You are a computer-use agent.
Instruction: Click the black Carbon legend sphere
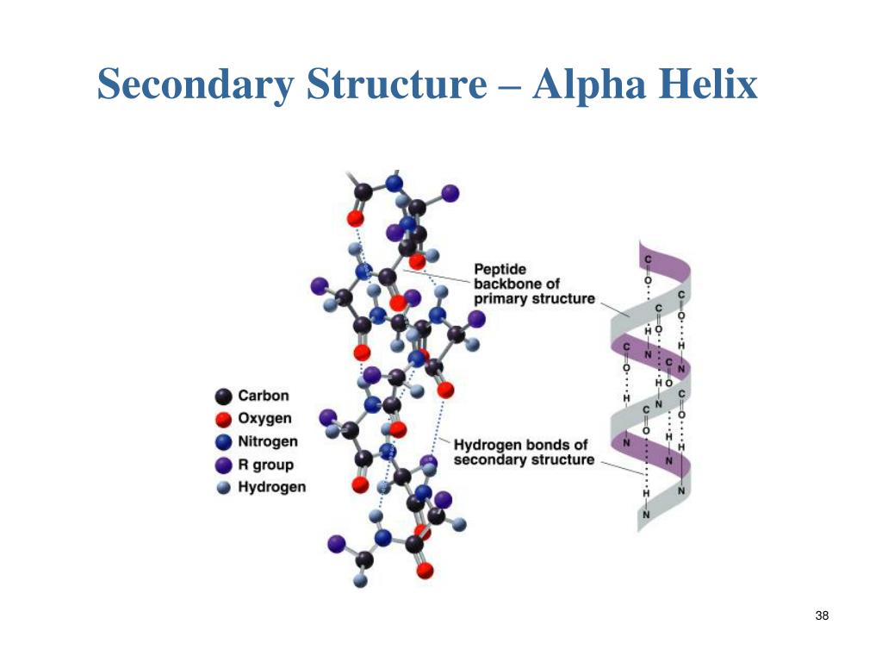(224, 397)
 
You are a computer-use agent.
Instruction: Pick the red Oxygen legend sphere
(224, 420)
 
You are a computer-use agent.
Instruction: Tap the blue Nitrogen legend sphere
(224, 442)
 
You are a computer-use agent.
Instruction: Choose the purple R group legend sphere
(224, 465)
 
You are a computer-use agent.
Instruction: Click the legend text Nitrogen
(268, 442)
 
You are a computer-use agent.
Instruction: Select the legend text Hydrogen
(272, 488)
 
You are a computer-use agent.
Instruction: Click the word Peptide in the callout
(500, 270)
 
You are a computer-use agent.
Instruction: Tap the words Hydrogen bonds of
(521, 445)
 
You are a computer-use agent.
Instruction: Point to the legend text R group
(266, 465)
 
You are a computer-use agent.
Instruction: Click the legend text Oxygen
(265, 420)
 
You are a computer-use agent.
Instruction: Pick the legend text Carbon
(264, 397)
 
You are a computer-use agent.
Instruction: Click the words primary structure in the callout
(534, 298)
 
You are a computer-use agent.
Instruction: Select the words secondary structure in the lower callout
(524, 459)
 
